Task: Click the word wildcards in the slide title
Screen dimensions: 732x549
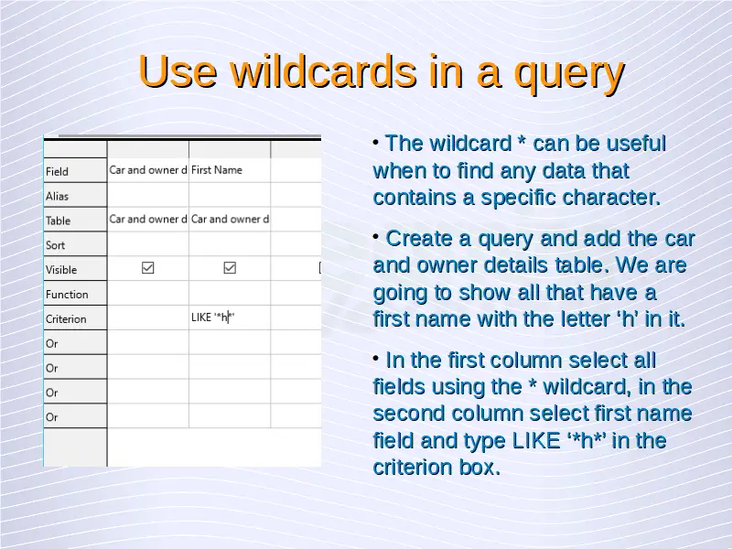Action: (323, 71)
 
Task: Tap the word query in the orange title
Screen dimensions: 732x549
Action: (569, 75)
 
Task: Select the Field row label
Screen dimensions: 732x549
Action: (57, 172)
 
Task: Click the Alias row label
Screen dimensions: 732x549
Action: (57, 196)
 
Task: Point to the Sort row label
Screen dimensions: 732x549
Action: (55, 245)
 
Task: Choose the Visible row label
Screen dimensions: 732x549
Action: (61, 270)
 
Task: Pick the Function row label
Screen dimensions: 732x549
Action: (67, 295)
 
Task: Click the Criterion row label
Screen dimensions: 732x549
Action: (66, 318)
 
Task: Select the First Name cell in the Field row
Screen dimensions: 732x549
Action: (217, 170)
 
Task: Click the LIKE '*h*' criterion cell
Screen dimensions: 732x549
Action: (213, 318)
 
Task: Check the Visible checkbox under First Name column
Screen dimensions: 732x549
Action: (230, 267)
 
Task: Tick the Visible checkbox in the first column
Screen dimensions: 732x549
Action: (148, 267)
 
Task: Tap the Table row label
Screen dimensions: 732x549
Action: (58, 221)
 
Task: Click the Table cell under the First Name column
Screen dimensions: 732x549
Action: (230, 219)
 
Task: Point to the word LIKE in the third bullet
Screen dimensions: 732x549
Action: (536, 441)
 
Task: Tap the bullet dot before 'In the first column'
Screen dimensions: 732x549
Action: (376, 358)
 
